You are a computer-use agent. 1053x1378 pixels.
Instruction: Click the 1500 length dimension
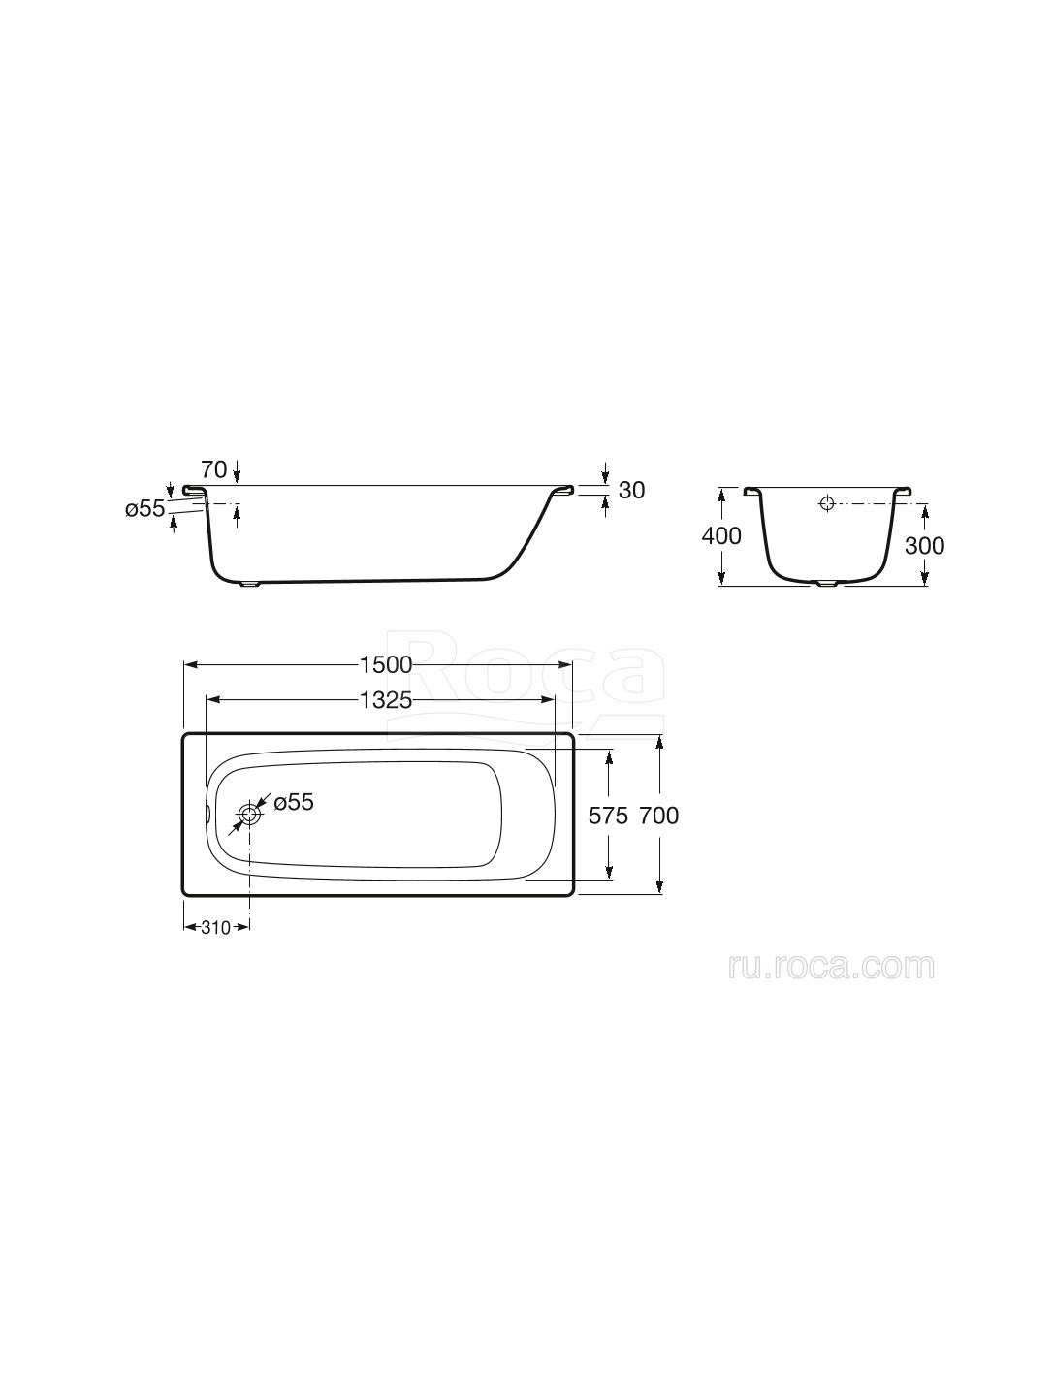[x=385, y=665]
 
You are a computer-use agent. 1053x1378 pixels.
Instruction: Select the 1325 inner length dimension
[x=385, y=699]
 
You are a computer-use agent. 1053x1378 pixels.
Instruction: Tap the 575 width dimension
[x=608, y=816]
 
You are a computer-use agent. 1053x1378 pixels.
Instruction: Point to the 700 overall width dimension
[x=659, y=816]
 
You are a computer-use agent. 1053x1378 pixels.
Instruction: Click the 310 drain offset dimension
[x=216, y=927]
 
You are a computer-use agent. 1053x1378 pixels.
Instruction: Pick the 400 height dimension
[x=721, y=535]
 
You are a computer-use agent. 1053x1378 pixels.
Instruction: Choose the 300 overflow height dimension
[x=924, y=546]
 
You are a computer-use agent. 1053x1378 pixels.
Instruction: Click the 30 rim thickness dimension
[x=631, y=491]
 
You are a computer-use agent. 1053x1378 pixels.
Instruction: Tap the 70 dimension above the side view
[x=214, y=469]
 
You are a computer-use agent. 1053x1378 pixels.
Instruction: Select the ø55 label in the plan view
[x=294, y=802]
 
